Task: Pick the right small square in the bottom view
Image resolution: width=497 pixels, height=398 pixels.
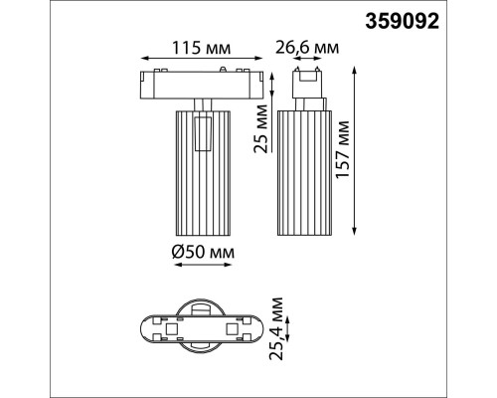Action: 235,327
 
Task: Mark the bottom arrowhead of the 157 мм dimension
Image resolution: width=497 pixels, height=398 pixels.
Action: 356,234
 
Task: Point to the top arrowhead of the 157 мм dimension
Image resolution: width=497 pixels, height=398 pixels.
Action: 356,68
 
